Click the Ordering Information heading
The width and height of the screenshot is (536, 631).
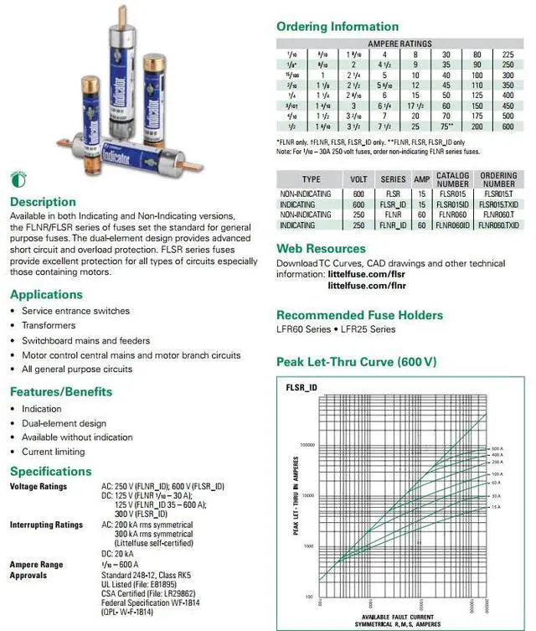click(338, 27)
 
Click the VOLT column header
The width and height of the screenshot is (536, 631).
click(358, 179)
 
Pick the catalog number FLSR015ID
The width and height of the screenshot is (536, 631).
click(453, 204)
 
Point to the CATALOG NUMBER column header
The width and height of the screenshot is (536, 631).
click(453, 179)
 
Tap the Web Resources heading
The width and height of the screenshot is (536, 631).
click(321, 249)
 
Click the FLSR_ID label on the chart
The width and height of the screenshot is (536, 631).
click(301, 388)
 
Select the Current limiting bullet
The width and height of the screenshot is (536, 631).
click(54, 452)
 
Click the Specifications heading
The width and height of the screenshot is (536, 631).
click(51, 471)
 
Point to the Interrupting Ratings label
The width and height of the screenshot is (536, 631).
click(46, 525)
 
